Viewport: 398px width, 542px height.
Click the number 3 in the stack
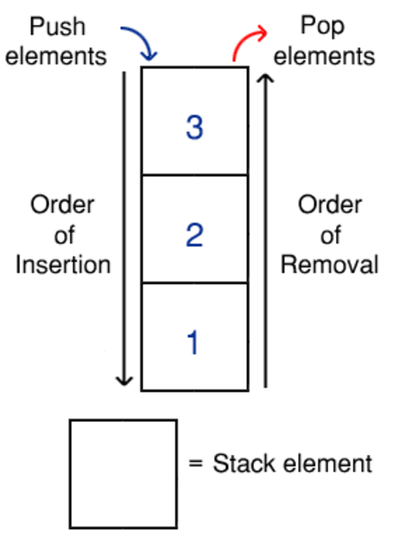195,127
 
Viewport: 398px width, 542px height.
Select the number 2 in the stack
195,235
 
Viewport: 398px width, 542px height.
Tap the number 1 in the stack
193,343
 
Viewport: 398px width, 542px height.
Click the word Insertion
63,265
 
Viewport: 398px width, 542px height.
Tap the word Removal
330,265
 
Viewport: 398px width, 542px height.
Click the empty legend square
123,474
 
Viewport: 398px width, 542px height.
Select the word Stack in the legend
242,463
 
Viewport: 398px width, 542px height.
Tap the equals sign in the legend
196,464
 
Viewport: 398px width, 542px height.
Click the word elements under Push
56,56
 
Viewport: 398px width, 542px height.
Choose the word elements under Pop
324,56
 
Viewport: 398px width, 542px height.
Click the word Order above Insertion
62,205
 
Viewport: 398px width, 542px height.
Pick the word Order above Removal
330,205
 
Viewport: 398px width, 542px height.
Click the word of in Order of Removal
330,235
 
